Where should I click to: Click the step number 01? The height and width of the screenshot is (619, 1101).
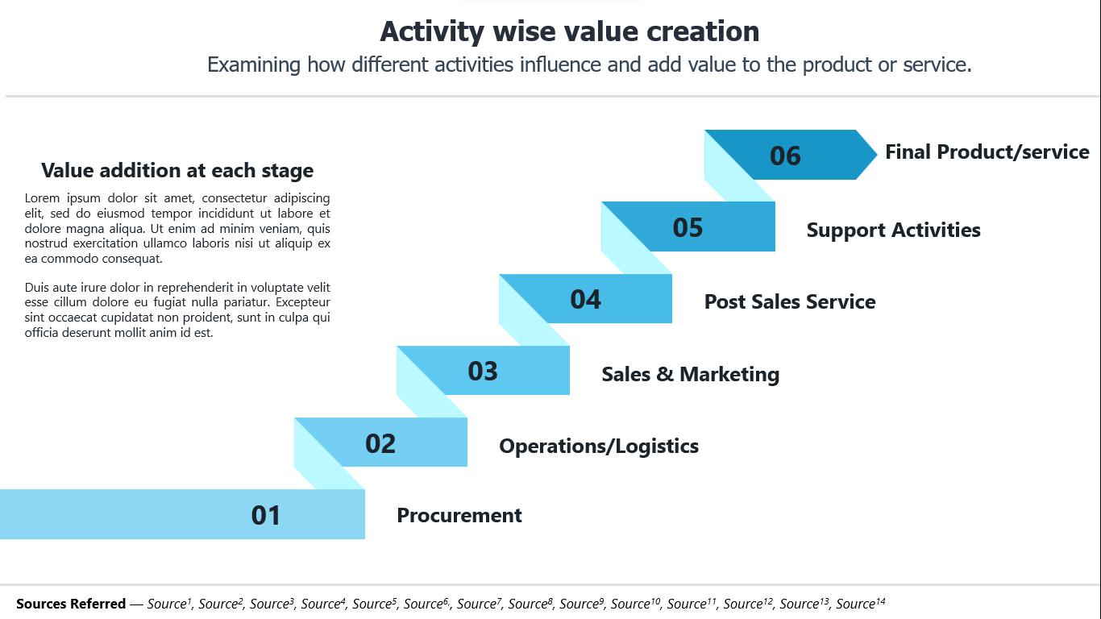click(265, 515)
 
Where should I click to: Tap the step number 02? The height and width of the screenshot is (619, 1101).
click(380, 443)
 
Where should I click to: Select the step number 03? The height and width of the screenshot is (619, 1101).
click(483, 372)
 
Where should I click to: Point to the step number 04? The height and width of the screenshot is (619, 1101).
click(585, 299)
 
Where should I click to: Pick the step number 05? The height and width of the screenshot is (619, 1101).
click(688, 227)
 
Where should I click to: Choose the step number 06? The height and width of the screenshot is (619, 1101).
click(785, 156)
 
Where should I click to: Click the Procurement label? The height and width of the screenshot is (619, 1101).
click(459, 515)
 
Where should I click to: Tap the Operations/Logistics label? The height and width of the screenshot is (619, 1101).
click(599, 447)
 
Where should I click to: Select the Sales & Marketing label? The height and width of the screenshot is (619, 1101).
click(690, 375)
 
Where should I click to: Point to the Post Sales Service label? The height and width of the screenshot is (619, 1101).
click(790, 302)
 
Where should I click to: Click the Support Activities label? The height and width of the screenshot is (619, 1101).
click(893, 231)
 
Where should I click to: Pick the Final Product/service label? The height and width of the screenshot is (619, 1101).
click(987, 152)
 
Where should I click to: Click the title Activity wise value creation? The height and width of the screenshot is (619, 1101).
click(569, 31)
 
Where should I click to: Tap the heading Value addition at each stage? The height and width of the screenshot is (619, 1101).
click(177, 171)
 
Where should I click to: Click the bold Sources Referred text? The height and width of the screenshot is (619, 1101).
click(71, 603)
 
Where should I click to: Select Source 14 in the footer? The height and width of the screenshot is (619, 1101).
click(860, 603)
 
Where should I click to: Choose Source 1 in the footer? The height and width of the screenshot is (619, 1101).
click(169, 603)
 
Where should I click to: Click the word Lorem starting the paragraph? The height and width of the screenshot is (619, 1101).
click(42, 198)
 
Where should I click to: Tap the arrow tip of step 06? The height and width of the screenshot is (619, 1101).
click(877, 155)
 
